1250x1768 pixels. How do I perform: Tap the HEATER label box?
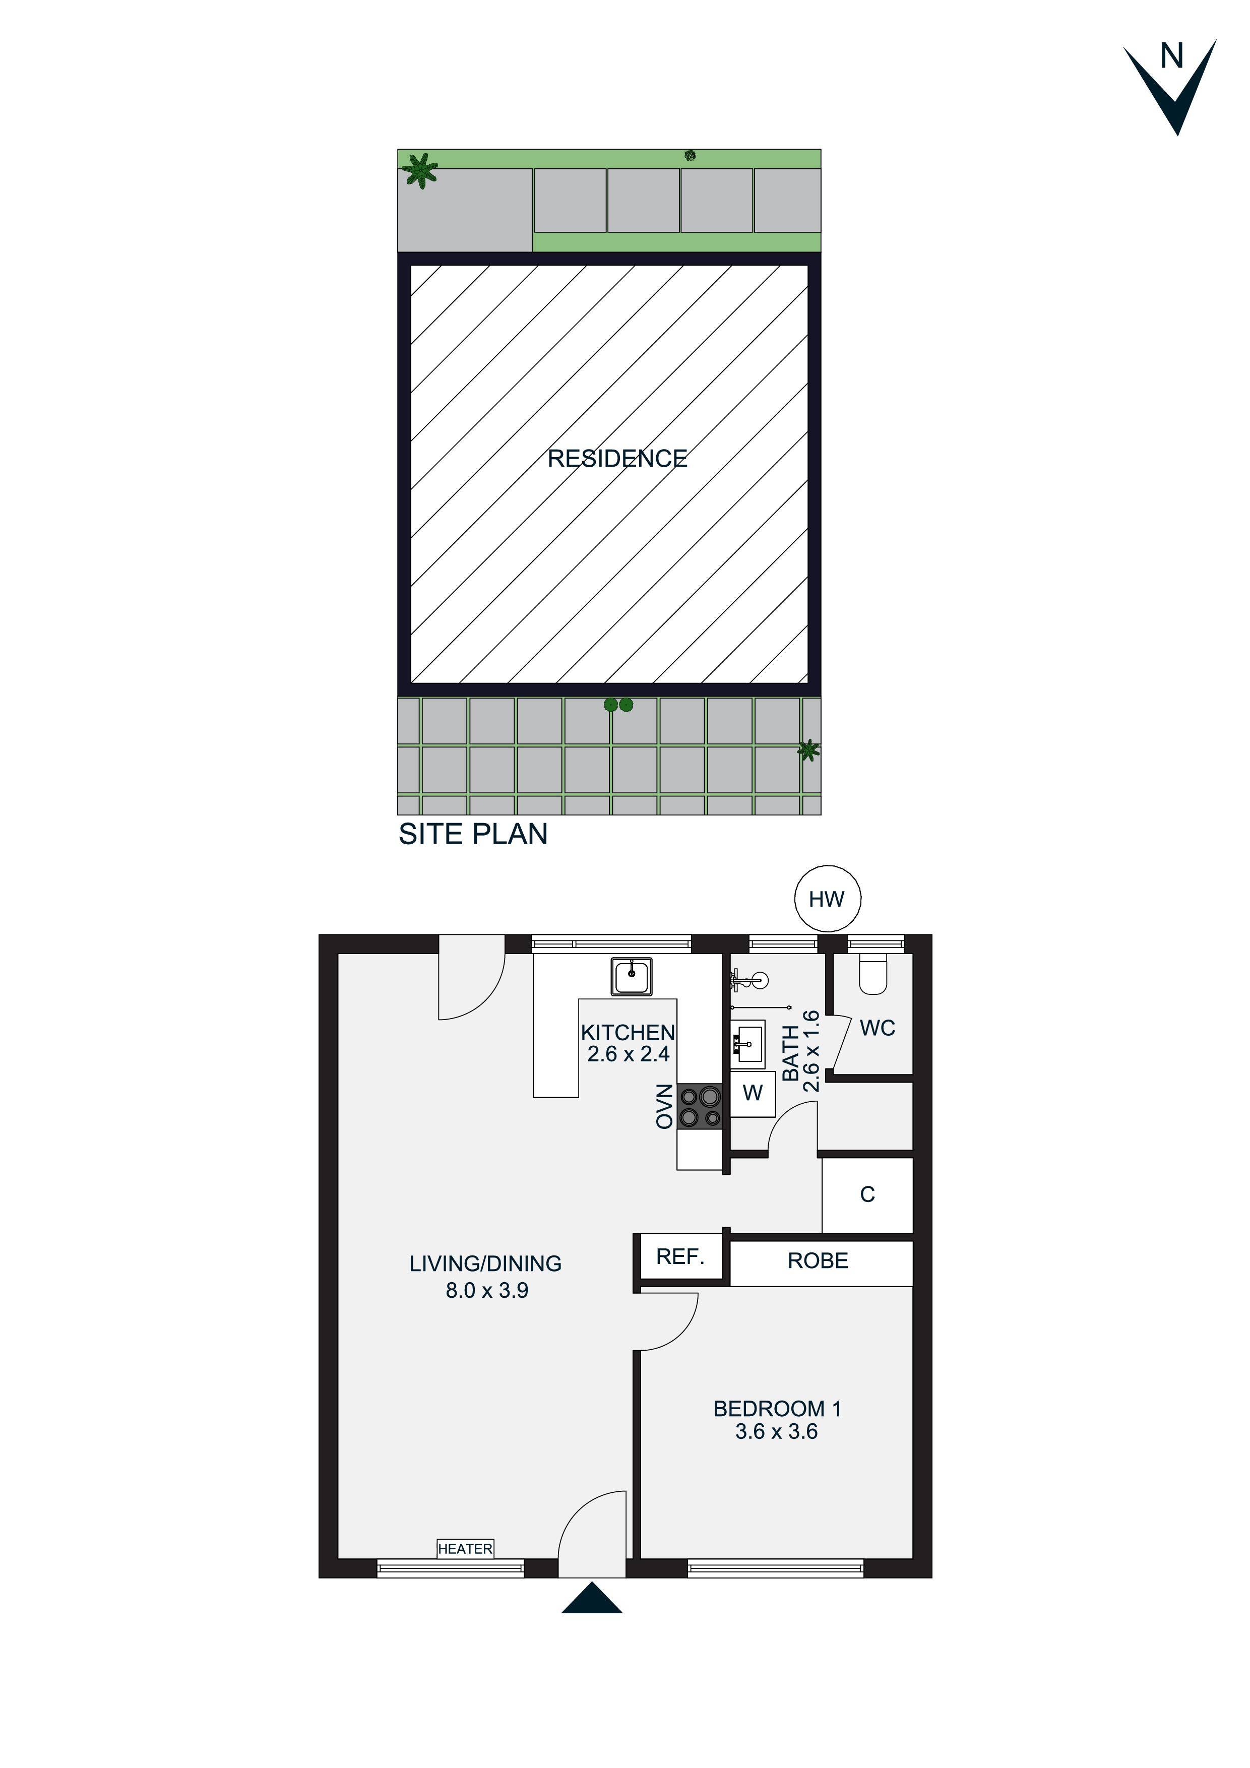[465, 1549]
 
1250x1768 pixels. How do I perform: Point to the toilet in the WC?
[873, 974]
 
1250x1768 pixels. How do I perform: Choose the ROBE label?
[818, 1260]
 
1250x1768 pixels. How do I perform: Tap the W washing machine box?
[753, 1093]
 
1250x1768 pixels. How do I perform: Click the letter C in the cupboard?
[867, 1194]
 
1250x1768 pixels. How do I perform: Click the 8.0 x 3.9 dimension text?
[487, 1291]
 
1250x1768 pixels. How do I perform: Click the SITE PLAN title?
[473, 834]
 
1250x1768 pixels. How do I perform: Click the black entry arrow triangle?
[592, 1599]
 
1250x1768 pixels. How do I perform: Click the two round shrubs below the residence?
[618, 705]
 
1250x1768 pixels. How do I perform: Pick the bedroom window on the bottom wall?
[776, 1568]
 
